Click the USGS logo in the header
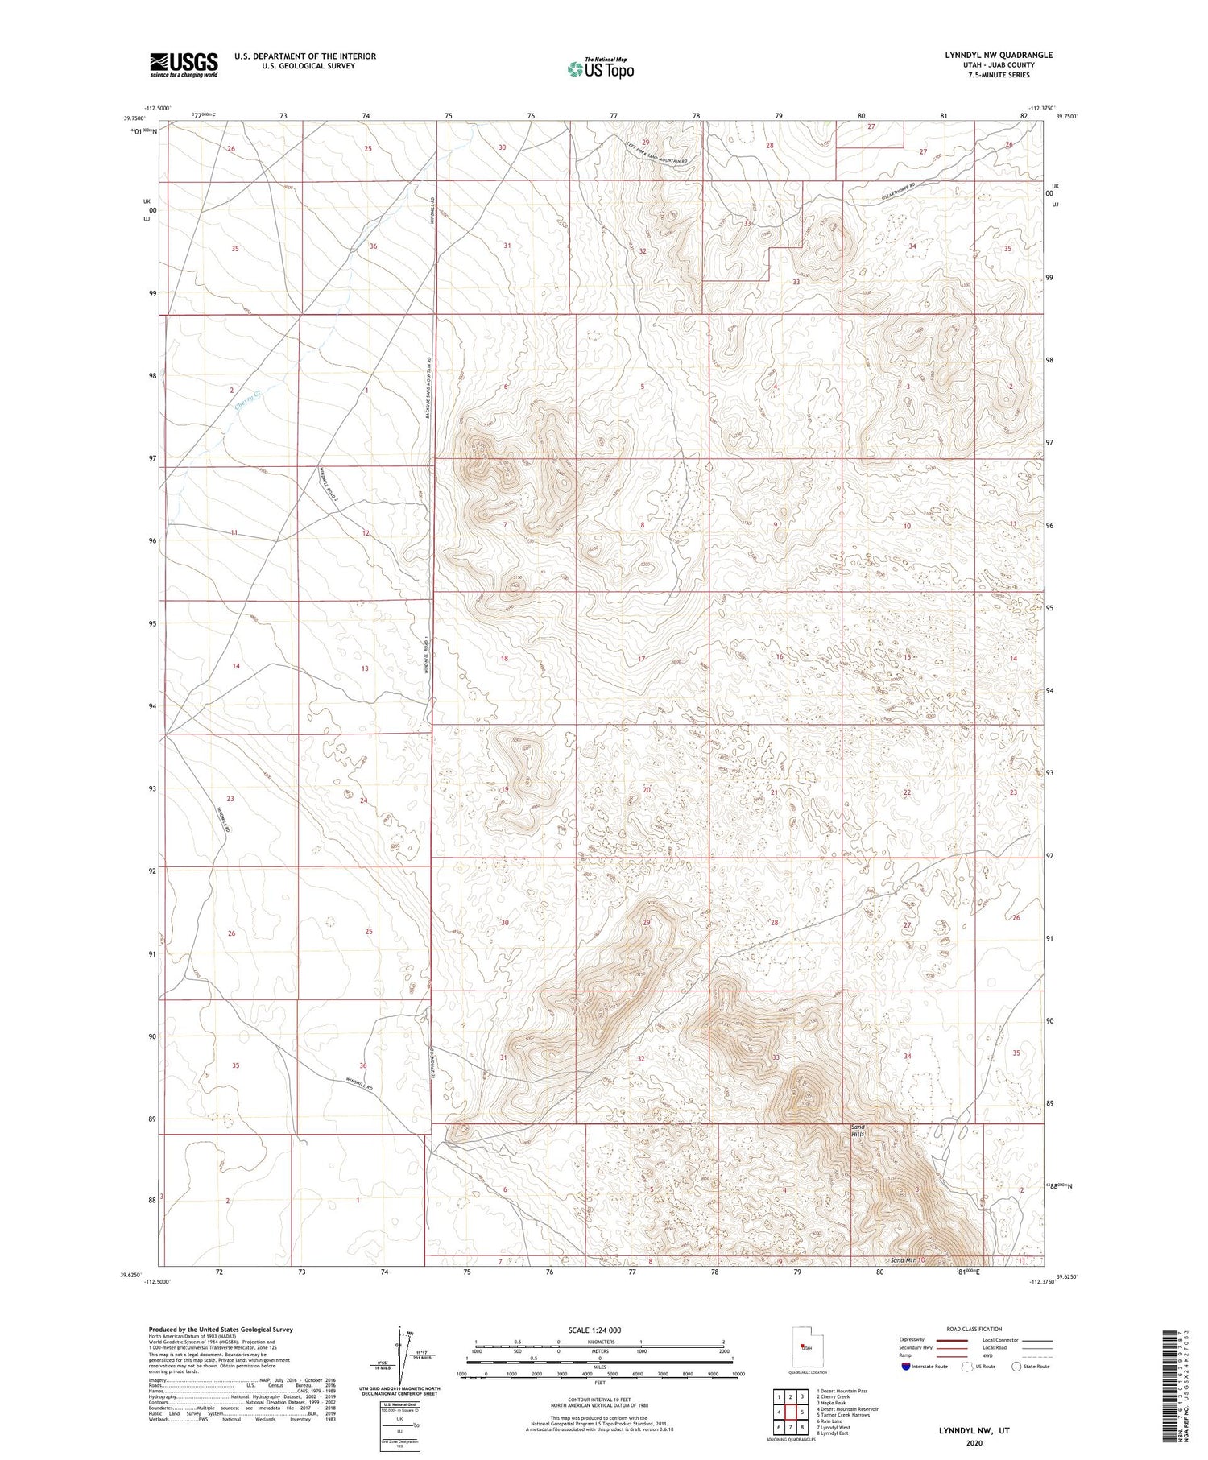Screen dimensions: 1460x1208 [184, 64]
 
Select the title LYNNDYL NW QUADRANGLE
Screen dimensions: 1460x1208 [999, 55]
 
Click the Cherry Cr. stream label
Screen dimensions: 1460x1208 [249, 400]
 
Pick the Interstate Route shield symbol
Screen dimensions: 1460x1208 [905, 1367]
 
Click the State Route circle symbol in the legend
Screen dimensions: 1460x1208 [1016, 1366]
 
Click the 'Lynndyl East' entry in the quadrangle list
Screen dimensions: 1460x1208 [834, 1434]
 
